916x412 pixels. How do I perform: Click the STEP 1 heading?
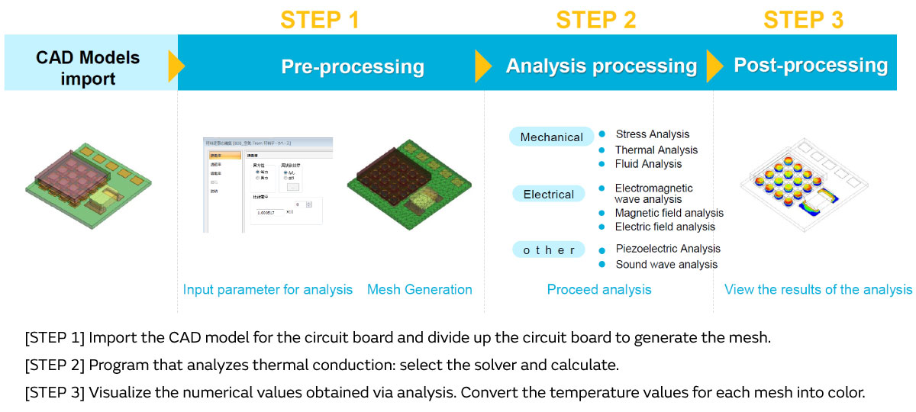pyautogui.click(x=319, y=19)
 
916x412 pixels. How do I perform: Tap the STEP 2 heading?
pyautogui.click(x=596, y=19)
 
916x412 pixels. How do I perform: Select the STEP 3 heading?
pyautogui.click(x=803, y=19)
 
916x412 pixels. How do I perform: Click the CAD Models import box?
pyautogui.click(x=88, y=68)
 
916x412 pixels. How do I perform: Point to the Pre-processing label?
pyautogui.click(x=353, y=66)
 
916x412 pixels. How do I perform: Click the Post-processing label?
pyautogui.click(x=811, y=66)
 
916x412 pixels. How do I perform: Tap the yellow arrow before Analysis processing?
pyautogui.click(x=482, y=66)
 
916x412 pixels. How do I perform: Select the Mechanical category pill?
pyautogui.click(x=551, y=137)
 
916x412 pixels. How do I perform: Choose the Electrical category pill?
pyautogui.click(x=548, y=195)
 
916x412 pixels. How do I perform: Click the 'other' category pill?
pyautogui.click(x=549, y=250)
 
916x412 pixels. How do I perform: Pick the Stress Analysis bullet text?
pyautogui.click(x=652, y=134)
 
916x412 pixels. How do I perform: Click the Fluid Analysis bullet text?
pyautogui.click(x=648, y=163)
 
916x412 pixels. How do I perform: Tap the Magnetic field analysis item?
pyautogui.click(x=669, y=213)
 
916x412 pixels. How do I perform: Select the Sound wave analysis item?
pyautogui.click(x=666, y=264)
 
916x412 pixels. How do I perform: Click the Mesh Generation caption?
pyautogui.click(x=419, y=290)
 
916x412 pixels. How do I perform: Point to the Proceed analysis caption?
pyautogui.click(x=599, y=290)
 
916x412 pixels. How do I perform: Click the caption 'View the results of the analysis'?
pyautogui.click(x=818, y=290)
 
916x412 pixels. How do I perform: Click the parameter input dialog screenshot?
pyautogui.click(x=268, y=185)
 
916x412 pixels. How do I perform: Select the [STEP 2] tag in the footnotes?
pyautogui.click(x=55, y=365)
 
